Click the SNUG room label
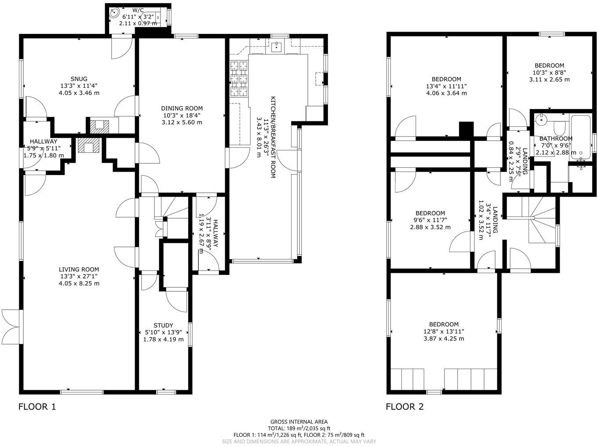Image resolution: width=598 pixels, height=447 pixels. (x=79, y=79)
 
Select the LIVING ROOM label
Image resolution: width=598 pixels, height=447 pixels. (x=79, y=269)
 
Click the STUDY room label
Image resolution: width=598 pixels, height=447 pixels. (x=163, y=326)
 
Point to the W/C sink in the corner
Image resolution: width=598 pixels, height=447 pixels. (x=115, y=13)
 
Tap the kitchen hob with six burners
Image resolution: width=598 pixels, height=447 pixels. (x=238, y=79)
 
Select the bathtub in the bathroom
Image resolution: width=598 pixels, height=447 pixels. (x=580, y=136)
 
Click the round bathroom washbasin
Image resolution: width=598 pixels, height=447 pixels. (x=541, y=119)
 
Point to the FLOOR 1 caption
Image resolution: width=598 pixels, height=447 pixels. (x=37, y=407)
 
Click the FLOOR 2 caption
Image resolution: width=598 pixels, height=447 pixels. (x=405, y=407)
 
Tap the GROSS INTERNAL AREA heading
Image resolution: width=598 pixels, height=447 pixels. (x=299, y=421)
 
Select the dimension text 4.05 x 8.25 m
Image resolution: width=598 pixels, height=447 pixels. (x=79, y=283)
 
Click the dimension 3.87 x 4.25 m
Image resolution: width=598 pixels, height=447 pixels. (x=443, y=338)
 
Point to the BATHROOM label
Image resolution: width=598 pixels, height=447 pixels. (x=556, y=139)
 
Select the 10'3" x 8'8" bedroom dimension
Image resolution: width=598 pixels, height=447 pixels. (x=549, y=73)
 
